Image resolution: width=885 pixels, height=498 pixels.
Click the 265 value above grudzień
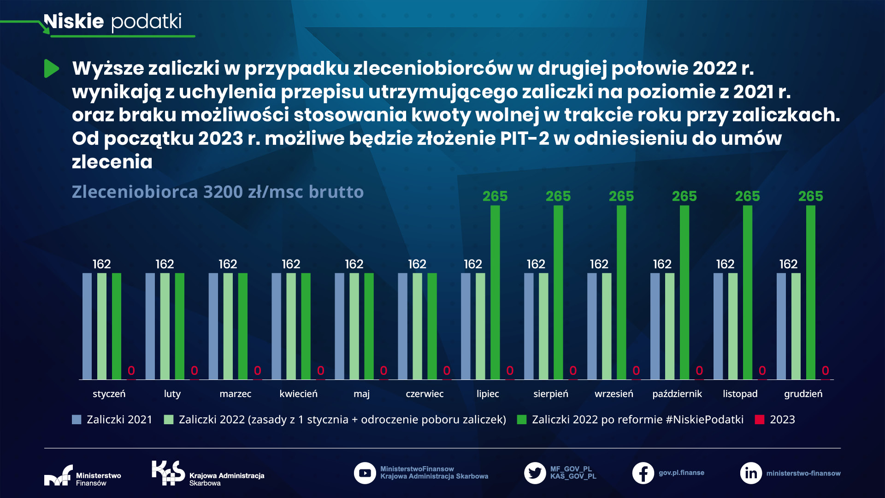click(810, 196)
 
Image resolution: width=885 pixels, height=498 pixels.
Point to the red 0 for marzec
click(257, 371)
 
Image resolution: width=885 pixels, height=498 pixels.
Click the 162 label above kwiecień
click(291, 264)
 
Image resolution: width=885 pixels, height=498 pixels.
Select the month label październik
click(677, 394)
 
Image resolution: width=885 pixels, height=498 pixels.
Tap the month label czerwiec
click(425, 394)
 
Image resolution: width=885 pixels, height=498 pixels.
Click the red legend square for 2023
click(760, 420)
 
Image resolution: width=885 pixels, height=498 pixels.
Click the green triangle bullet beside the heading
click(51, 69)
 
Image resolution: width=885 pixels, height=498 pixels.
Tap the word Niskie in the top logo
click(74, 22)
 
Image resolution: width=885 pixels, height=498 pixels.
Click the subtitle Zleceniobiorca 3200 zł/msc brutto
click(218, 192)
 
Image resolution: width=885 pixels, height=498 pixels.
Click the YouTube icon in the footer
click(365, 473)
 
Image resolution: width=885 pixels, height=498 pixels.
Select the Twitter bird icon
click(535, 473)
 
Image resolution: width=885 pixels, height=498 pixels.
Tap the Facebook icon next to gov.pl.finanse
click(643, 473)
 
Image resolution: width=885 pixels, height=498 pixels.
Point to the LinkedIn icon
click(751, 473)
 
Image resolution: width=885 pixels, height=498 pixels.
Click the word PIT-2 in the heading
click(525, 138)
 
